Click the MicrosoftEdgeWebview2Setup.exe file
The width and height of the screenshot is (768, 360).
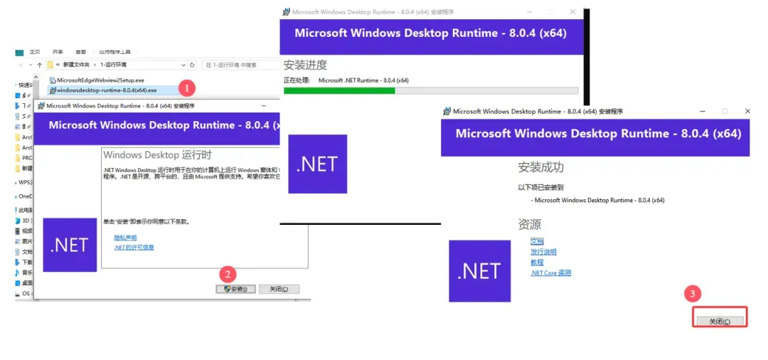click(x=100, y=80)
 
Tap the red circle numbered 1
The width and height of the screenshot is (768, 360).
click(x=186, y=88)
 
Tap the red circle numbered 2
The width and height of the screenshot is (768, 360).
click(x=227, y=274)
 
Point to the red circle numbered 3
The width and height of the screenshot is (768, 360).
click(x=693, y=293)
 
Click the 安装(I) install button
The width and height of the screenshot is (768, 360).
click(x=235, y=289)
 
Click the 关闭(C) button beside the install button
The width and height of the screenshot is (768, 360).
click(x=279, y=289)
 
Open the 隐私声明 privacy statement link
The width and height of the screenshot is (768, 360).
click(x=125, y=237)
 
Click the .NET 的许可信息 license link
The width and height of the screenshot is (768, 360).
click(x=134, y=248)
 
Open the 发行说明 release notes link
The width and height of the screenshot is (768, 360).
click(x=543, y=252)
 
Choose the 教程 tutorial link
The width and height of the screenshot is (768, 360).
click(x=537, y=263)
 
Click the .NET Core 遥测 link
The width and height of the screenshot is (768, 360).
click(x=550, y=272)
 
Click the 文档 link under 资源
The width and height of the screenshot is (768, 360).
click(x=537, y=241)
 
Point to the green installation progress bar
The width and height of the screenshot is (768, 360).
click(x=339, y=90)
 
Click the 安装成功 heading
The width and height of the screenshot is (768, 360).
click(x=540, y=167)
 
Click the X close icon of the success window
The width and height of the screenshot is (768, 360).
click(x=747, y=111)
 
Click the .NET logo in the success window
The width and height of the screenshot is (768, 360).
click(x=480, y=271)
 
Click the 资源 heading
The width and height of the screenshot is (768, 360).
click(x=530, y=224)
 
